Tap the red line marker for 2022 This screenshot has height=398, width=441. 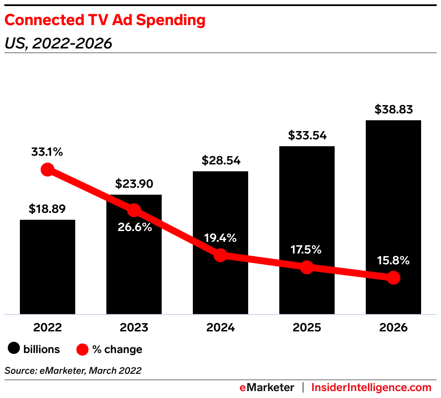[x=48, y=169]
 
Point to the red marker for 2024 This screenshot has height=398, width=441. [x=220, y=255]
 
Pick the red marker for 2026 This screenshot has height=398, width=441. [x=393, y=278]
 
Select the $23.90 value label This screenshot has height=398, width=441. [x=134, y=184]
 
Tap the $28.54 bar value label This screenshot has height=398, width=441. [x=220, y=161]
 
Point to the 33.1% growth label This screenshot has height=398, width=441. [x=47, y=152]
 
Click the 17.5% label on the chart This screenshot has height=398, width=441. [x=306, y=250]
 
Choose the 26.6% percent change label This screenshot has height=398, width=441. [x=134, y=227]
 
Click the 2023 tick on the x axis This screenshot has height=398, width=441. [x=134, y=327]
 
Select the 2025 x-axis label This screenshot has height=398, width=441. [x=307, y=327]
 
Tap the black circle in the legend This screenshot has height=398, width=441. [x=15, y=349]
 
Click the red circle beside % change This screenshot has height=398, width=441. [x=83, y=349]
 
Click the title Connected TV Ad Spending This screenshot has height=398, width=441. [x=105, y=20]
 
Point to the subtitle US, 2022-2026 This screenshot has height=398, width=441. [x=58, y=43]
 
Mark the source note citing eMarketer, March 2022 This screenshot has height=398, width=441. [x=73, y=370]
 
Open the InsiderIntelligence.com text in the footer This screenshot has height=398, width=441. [x=371, y=387]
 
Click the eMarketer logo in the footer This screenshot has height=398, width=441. [x=267, y=387]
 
